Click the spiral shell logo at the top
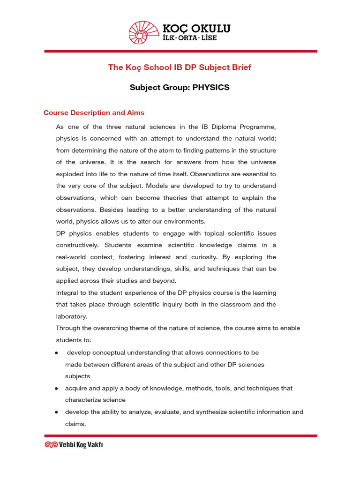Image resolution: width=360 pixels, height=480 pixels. pyautogui.click(x=144, y=33)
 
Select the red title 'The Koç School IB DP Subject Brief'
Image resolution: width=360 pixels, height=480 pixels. pyautogui.click(x=180, y=67)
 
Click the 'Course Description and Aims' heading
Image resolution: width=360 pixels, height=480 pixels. pyautogui.click(x=94, y=113)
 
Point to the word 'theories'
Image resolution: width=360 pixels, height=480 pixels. pyautogui.click(x=176, y=198)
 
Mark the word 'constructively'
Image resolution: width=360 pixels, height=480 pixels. pyautogui.click(x=77, y=245)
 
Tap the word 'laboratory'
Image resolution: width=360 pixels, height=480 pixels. pyautogui.click(x=71, y=316)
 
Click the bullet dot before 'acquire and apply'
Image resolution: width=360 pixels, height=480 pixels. pyautogui.click(x=56, y=389)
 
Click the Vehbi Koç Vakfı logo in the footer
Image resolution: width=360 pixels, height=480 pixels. pyautogui.click(x=74, y=444)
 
